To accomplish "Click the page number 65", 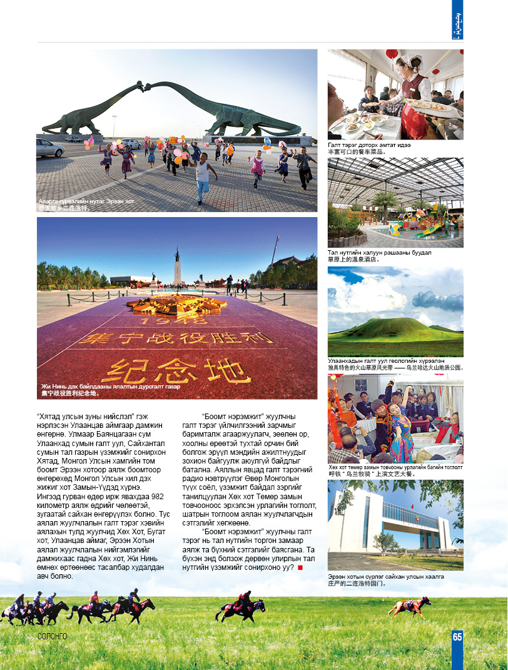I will [457, 637].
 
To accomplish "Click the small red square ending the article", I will [300, 567].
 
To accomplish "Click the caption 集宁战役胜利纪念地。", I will [70, 394].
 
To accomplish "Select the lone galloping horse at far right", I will [410, 606].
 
